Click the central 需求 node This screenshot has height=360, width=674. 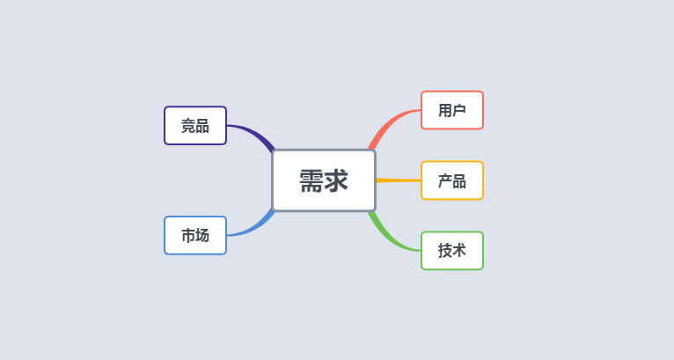[324, 180]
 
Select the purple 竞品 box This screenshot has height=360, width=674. [195, 126]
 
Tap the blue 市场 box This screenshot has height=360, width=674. [195, 235]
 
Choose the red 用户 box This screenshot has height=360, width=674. [452, 110]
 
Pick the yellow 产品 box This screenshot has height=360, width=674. [452, 180]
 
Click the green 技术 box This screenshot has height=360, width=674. [452, 251]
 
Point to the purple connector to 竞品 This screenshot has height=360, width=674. [253, 132]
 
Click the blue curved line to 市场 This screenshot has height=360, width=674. [253, 228]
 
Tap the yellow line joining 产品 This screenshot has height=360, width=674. [399, 180]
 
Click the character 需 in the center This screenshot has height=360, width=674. [311, 180]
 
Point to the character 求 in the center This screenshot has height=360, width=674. [336, 180]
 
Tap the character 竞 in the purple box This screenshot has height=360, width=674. [188, 126]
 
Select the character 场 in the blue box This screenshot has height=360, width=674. [202, 236]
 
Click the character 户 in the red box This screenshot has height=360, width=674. [459, 111]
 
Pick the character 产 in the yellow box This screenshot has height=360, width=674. [445, 181]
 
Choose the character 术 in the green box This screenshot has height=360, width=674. [459, 251]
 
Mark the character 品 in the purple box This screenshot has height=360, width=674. [202, 126]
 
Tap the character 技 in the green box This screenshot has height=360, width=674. [445, 251]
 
